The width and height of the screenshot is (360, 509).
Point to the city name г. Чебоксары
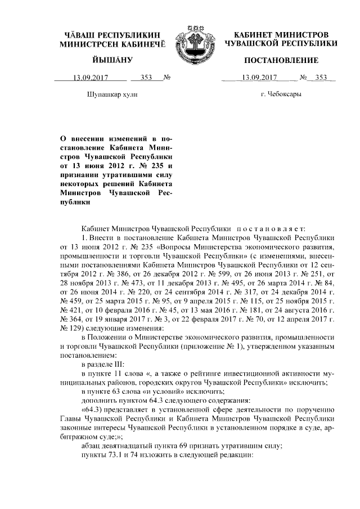pyautogui.click(x=281, y=94)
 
